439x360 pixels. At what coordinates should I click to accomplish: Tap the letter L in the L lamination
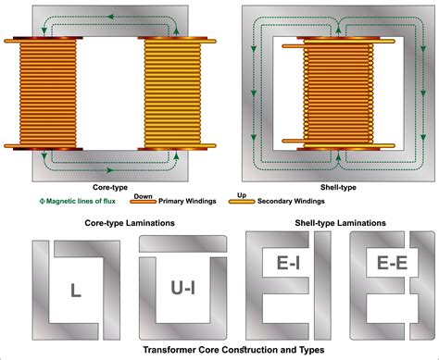click(x=73, y=291)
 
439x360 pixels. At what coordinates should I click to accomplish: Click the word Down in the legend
click(x=144, y=196)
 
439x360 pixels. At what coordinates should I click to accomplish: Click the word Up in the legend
click(x=243, y=196)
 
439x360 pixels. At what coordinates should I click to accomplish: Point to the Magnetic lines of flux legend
click(x=79, y=202)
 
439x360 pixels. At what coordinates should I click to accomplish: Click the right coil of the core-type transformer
click(x=172, y=96)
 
